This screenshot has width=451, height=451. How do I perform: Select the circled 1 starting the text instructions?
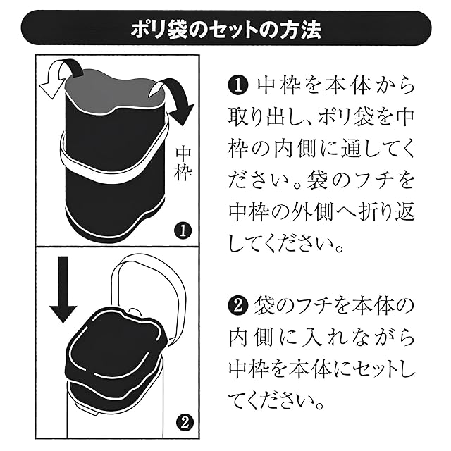coord(238,86)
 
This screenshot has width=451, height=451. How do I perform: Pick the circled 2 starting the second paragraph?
coord(238,306)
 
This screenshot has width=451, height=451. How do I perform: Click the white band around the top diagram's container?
coord(113,169)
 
